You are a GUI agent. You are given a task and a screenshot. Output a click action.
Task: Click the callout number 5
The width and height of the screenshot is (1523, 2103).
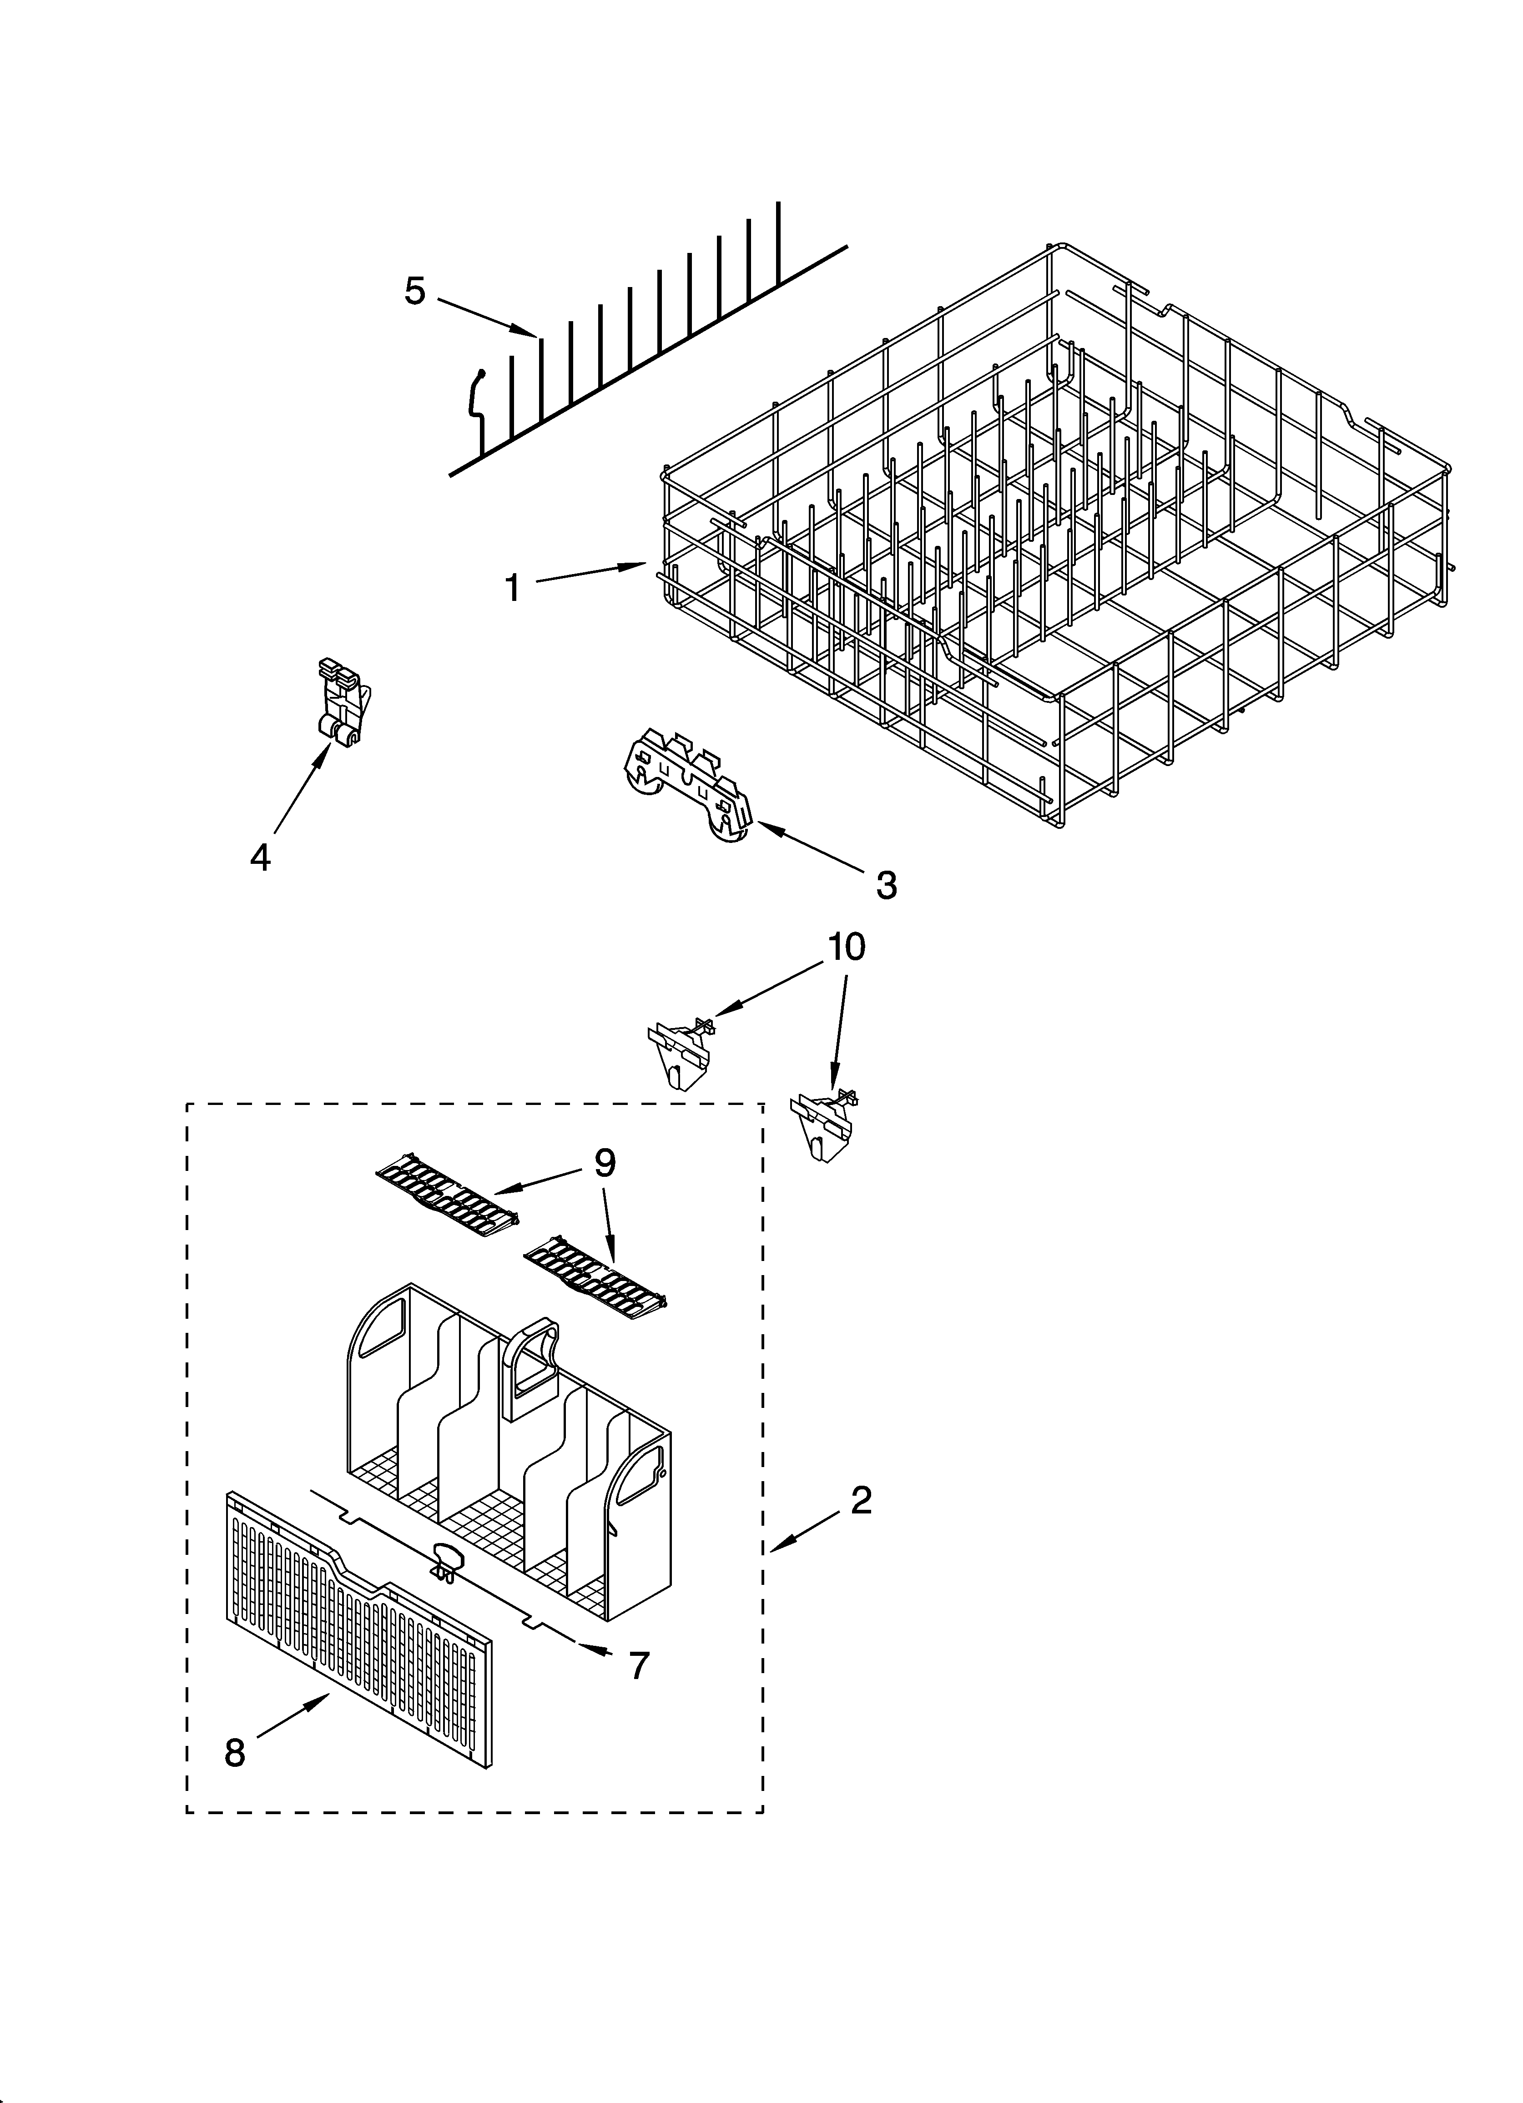pos(414,291)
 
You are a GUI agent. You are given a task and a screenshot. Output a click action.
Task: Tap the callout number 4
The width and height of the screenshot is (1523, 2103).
pos(261,857)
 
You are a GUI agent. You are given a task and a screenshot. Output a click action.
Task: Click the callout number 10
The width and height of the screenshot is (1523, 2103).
pos(846,947)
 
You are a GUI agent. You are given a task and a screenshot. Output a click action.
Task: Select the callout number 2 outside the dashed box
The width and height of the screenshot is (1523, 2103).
pos(861,1500)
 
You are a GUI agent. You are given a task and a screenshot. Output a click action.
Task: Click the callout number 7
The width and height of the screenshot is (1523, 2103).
pos(639,1665)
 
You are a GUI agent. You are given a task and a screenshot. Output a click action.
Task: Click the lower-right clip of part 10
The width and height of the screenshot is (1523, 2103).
pos(823,1122)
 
